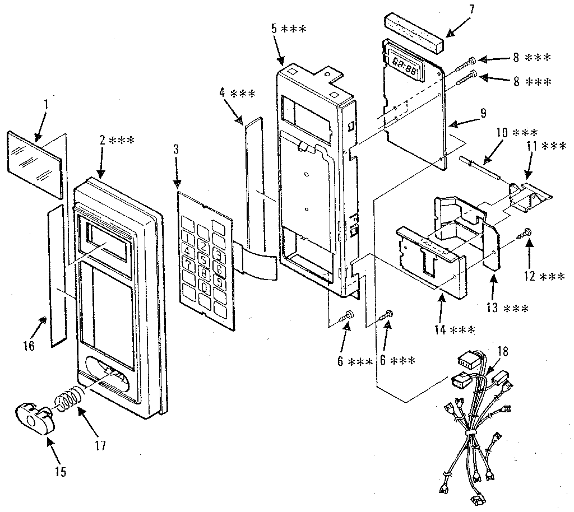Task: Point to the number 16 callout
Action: (x=29, y=345)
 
